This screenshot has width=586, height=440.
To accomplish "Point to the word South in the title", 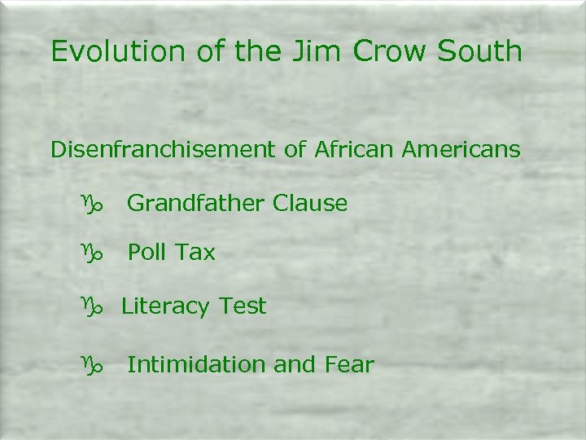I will [479, 51].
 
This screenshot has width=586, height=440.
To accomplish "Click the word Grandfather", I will [196, 203].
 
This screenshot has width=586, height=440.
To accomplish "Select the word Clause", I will [310, 203].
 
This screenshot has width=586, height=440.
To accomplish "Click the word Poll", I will [146, 253].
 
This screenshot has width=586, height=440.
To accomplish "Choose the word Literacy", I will [165, 306].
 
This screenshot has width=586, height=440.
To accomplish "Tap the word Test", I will [241, 306].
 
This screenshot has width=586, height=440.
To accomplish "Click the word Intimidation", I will [197, 364].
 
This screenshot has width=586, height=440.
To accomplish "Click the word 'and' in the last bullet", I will [294, 364].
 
